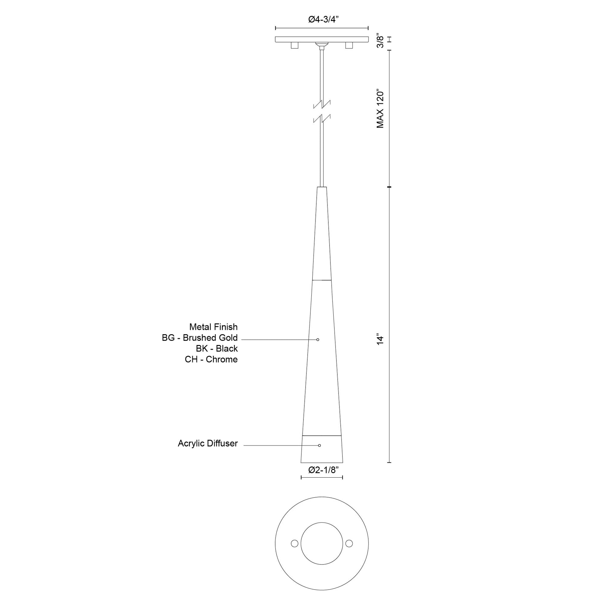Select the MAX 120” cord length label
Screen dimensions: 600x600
point(380,109)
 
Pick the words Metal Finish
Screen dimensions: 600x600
point(213,327)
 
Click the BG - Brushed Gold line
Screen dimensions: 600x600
point(200,338)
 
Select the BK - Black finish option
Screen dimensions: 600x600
point(217,348)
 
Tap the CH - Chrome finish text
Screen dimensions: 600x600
point(211,359)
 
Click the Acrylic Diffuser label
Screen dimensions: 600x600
point(208,443)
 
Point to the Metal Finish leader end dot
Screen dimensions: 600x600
point(318,339)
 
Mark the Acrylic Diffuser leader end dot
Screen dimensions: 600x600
point(319,445)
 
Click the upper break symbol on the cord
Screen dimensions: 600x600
point(322,104)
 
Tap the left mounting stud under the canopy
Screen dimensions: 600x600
point(294,46)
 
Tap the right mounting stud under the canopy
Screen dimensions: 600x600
point(349,46)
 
